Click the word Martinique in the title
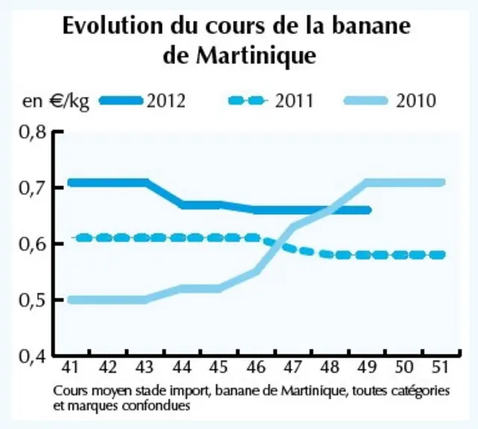click(x=256, y=55)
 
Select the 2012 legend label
click(x=166, y=101)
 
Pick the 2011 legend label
click(x=294, y=101)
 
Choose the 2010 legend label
click(x=416, y=101)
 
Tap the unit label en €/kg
click(x=56, y=102)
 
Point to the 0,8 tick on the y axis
click(x=33, y=132)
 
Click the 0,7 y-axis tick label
click(x=33, y=188)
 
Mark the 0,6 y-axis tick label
click(x=33, y=244)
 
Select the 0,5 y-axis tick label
click(x=33, y=300)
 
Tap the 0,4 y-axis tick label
click(x=33, y=356)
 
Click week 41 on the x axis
click(x=70, y=367)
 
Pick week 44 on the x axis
click(x=182, y=367)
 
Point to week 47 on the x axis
click(x=293, y=367)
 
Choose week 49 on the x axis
click(x=367, y=367)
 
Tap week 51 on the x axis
click(x=441, y=367)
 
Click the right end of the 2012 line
click(x=368, y=210)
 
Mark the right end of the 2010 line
click(x=442, y=182)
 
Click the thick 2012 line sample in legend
click(x=121, y=101)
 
